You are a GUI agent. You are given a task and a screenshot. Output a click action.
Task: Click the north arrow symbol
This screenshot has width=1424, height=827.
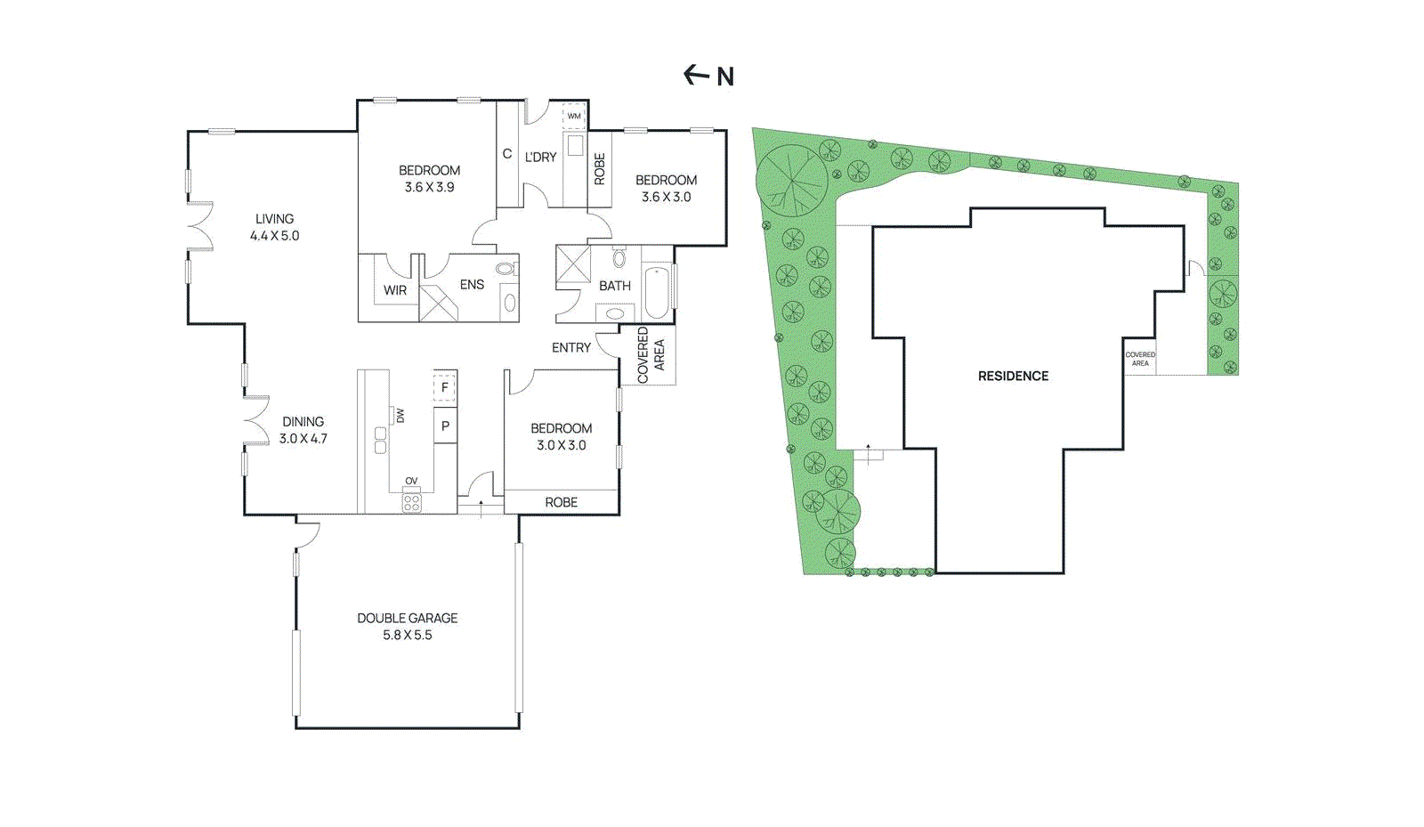pos(696,75)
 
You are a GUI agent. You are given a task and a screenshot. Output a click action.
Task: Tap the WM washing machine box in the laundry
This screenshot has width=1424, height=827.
pos(574,116)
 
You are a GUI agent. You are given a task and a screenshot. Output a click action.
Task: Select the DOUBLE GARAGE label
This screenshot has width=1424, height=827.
pos(407,618)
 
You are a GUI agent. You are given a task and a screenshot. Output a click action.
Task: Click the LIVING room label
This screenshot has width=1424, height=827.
pos(274,218)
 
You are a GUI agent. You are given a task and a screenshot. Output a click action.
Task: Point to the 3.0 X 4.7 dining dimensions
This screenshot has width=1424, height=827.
pos(303,439)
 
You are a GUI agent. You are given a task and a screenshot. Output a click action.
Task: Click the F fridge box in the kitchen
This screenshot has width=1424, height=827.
pos(444,388)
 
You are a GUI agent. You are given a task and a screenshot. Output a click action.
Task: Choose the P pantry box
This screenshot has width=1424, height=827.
pos(445,426)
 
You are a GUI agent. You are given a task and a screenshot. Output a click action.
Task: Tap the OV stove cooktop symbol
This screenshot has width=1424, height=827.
pos(411,502)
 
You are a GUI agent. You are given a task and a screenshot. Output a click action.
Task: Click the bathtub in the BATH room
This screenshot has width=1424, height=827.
pos(656,291)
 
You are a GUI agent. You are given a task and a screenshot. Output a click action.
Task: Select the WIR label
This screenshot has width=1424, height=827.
pos(395,290)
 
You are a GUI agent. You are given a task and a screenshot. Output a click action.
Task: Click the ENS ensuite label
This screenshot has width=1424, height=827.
pos(472,285)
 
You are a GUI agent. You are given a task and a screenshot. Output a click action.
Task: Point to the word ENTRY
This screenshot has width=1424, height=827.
pos(570,348)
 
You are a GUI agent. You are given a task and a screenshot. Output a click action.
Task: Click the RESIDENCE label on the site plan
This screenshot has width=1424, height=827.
pos(1013,377)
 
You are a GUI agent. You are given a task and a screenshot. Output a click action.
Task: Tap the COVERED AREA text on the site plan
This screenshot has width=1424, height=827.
pos(1140,359)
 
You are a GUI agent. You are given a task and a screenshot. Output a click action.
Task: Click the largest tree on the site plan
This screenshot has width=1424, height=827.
pos(792,181)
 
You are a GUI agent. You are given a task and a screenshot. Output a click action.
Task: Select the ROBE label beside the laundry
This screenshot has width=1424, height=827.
pos(599,169)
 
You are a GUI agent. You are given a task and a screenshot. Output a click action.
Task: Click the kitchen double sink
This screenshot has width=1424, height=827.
pos(380,440)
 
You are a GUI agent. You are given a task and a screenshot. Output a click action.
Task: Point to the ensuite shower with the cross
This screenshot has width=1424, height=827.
pos(438,304)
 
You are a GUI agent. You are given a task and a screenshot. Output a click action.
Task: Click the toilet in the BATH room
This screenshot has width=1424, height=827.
pos(619,258)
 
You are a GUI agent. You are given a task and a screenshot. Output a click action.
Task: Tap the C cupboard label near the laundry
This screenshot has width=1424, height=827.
pos(506,154)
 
